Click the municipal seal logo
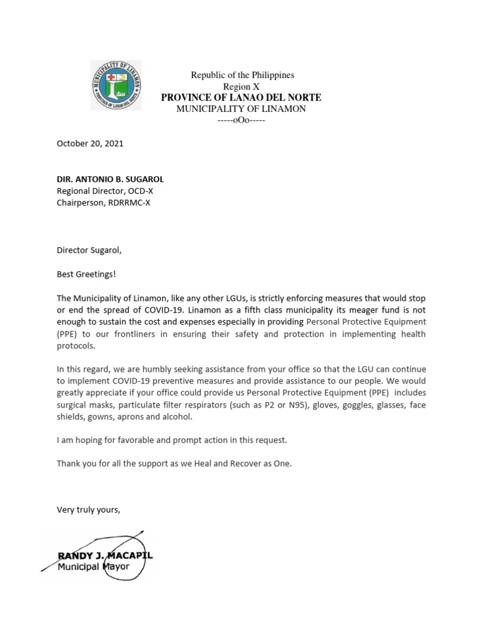(116, 85)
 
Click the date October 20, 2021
(90, 143)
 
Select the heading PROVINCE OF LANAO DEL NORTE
(241, 97)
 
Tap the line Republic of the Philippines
(242, 75)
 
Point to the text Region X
(241, 86)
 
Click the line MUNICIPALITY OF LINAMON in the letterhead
(241, 109)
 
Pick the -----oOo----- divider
(241, 120)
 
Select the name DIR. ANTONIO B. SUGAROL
(110, 179)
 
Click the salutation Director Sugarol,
(89, 250)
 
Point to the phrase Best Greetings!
(86, 274)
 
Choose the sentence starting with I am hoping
(172, 440)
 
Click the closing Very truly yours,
(88, 510)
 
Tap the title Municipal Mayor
(93, 567)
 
